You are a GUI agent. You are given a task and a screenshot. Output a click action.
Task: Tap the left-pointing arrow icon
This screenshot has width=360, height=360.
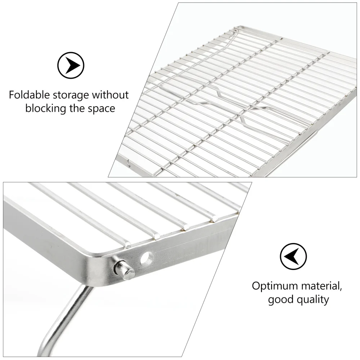point(293,256)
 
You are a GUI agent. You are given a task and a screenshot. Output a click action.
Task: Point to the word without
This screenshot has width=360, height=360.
point(110,95)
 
